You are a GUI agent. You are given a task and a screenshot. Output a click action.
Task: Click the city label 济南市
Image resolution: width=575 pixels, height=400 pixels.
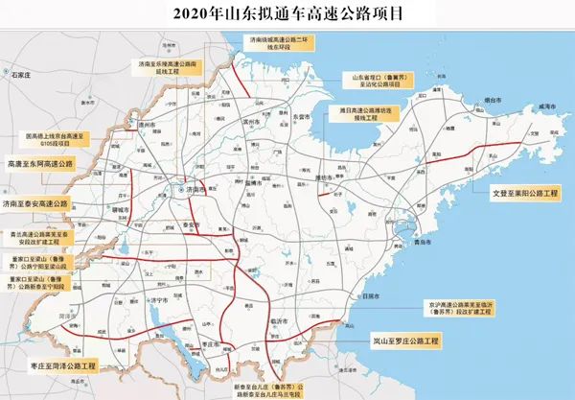tap(195, 190)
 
